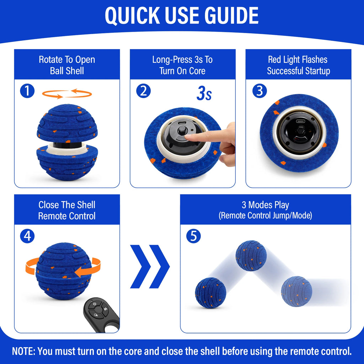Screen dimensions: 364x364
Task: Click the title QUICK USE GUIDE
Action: (x=182, y=16)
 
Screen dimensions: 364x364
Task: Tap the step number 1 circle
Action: (x=27, y=91)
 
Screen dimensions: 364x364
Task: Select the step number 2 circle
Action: (x=143, y=91)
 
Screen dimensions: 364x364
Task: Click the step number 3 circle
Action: (x=259, y=91)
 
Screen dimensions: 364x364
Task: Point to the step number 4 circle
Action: (x=27, y=236)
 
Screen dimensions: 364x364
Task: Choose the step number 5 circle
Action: (x=193, y=236)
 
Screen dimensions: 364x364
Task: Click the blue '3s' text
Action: (x=204, y=94)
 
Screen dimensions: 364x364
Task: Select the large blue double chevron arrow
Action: (x=150, y=266)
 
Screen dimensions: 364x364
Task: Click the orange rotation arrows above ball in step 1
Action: (x=67, y=94)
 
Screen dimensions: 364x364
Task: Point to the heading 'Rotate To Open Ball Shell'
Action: (x=67, y=65)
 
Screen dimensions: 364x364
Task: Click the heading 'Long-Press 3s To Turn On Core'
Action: (x=182, y=65)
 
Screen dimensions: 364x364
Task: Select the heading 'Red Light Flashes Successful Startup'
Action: (x=298, y=65)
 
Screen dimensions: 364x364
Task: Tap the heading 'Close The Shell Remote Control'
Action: (x=67, y=210)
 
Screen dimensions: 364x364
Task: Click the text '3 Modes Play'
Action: (x=265, y=205)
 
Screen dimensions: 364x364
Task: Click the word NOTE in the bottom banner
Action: (x=23, y=352)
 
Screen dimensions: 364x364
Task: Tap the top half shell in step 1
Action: (x=67, y=123)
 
